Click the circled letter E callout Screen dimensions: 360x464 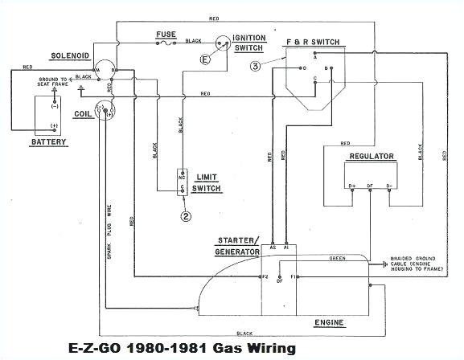tap(206, 59)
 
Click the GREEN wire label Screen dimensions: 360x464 tap(337, 258)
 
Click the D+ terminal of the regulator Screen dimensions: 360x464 tap(351, 186)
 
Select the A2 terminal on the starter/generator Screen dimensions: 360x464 tap(274, 249)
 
